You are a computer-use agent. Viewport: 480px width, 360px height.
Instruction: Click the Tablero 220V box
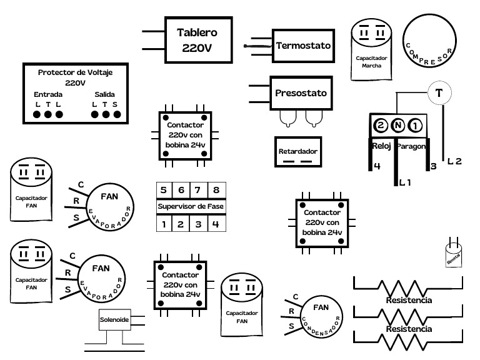[196, 39]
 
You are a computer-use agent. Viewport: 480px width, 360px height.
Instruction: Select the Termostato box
[303, 46]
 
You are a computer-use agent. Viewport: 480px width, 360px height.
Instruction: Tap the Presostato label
[301, 93]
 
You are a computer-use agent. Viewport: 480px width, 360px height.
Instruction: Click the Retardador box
[298, 152]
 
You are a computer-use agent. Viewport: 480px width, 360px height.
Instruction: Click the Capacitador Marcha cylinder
[371, 50]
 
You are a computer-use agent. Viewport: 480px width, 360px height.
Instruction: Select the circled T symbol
[439, 93]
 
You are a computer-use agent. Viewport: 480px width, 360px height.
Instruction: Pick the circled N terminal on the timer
[398, 126]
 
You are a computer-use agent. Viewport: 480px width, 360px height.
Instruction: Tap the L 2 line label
[454, 161]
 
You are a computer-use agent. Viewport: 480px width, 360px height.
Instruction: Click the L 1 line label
[404, 182]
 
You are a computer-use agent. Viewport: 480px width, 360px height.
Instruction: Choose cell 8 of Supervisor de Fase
[216, 191]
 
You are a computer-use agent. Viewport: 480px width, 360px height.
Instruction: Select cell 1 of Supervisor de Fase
[163, 223]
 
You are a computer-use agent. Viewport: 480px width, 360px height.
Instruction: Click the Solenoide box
[114, 319]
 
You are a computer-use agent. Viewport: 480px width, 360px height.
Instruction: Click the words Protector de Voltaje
[75, 72]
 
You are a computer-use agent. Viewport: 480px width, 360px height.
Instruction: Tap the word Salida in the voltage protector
[105, 94]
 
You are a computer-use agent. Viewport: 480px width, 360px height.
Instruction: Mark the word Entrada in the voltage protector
[47, 94]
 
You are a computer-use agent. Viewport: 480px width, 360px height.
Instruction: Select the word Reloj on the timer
[381, 146]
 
